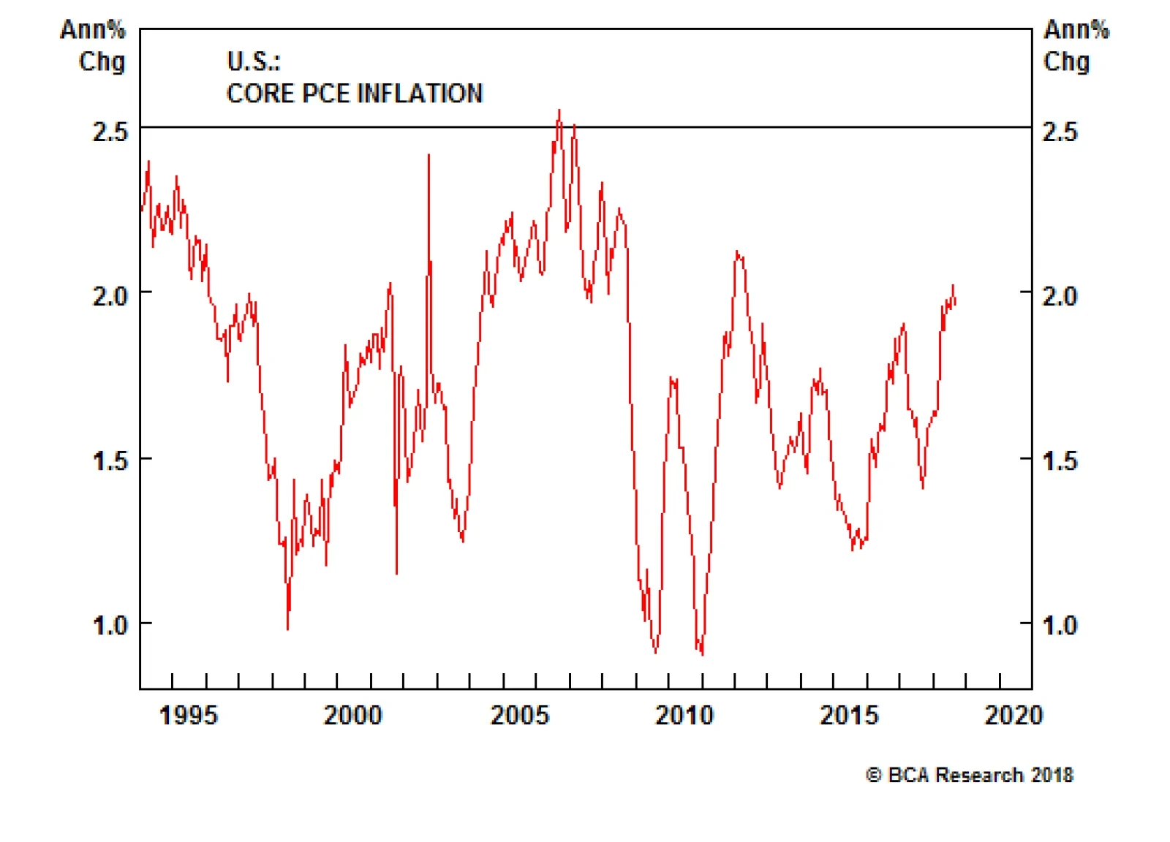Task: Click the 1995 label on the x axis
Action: coord(188,715)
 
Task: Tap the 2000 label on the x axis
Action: coord(353,715)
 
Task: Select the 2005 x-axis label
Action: coord(519,715)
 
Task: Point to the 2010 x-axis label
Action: coord(684,715)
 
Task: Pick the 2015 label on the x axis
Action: coord(849,715)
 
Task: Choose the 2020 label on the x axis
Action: coord(1014,715)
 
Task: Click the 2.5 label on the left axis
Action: coord(110,132)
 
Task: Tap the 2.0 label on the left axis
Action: coord(110,296)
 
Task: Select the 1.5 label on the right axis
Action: coord(1060,460)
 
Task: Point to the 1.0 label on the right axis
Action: coord(1060,626)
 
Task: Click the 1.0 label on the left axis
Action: coord(110,626)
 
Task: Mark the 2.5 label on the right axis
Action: coord(1060,132)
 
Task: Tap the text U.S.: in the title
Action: coord(253,61)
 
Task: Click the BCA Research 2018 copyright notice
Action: coord(970,775)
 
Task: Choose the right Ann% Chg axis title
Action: coord(1075,45)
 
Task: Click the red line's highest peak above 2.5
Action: coord(559,111)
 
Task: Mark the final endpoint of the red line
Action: coord(956,302)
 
